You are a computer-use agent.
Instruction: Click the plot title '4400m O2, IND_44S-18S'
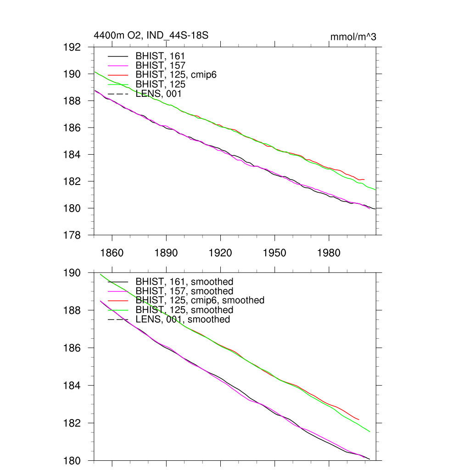151,35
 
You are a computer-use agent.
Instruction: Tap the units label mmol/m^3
353,37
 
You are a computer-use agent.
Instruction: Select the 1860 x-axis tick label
112,253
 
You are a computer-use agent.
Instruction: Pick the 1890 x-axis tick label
166,253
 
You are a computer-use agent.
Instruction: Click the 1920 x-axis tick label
220,253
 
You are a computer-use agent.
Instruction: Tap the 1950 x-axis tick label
274,253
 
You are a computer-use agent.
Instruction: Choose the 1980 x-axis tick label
329,253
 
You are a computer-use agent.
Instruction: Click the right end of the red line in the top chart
364,179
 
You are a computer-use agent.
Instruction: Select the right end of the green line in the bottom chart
369,431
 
